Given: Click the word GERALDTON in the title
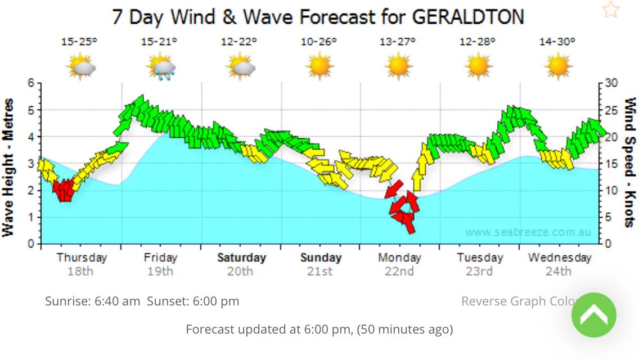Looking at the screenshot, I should [468, 16].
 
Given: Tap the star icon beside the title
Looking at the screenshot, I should [610, 10].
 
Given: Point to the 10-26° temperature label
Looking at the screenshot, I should [319, 42].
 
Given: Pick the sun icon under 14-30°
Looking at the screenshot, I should [558, 65].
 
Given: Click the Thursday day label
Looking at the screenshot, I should [82, 258].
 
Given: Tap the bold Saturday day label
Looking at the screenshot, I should [241, 258].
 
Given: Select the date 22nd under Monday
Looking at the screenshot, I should [399, 271].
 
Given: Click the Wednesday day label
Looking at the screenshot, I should [559, 258].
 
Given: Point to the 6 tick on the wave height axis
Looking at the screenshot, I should [31, 83].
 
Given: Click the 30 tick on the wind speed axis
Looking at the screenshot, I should [611, 83].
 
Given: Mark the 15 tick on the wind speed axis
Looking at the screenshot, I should [611, 164].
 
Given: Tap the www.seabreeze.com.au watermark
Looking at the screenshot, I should [528, 232].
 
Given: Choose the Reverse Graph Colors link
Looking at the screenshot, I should [517, 301].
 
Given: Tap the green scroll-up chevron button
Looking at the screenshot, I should [593, 315].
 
